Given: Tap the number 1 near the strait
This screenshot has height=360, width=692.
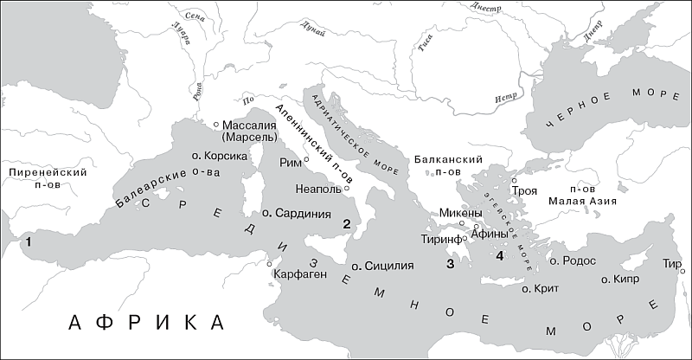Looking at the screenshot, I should coord(29,241).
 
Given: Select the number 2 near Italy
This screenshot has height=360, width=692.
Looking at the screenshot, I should coord(345,225).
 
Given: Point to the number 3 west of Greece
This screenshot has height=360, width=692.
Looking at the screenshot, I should coord(449,264).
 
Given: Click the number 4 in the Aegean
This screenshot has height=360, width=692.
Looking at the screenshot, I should coord(499,255).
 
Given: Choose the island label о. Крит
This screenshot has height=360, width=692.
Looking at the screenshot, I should coord(541,287).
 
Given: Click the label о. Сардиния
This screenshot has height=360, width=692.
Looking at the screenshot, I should coord(297,213).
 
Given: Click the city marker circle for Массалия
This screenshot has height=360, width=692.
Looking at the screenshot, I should coord(217,125).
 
